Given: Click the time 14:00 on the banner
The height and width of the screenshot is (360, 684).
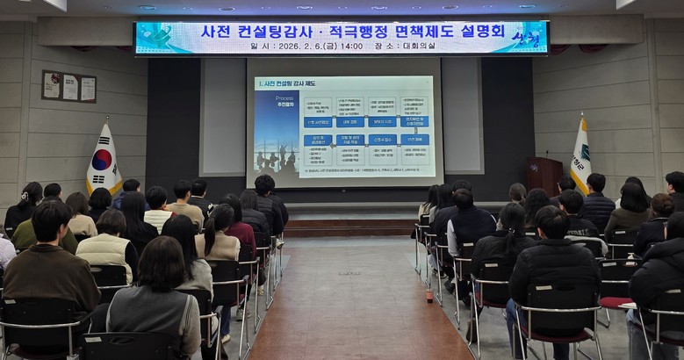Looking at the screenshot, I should [x=350, y=47].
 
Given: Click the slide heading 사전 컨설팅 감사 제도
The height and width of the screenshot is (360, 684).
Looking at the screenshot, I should [x=292, y=83].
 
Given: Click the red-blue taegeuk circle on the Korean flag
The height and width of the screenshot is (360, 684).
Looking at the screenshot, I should [x=103, y=161].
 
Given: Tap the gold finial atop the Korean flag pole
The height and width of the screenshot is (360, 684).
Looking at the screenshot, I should [x=107, y=119].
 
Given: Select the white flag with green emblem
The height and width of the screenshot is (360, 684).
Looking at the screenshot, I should [x=580, y=158].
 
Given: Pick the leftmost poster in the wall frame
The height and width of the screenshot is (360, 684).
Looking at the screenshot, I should [x=52, y=86].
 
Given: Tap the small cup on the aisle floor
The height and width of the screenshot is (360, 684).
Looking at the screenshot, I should [x=429, y=296].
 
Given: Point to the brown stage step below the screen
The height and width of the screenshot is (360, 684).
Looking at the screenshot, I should [x=351, y=227].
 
